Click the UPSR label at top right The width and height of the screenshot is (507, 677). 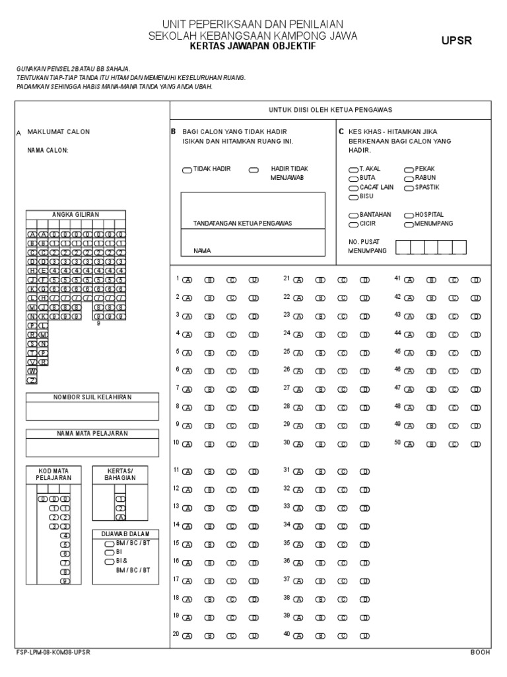(x=457, y=41)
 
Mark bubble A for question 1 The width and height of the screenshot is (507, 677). (x=187, y=280)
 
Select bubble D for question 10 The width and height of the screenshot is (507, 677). (x=253, y=444)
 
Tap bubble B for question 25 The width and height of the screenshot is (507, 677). (x=320, y=353)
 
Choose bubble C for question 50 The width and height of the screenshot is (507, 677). (x=453, y=444)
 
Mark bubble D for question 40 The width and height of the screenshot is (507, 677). (x=364, y=635)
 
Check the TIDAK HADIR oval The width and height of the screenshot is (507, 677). (x=187, y=171)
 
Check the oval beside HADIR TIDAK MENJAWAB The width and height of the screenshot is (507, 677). (x=253, y=171)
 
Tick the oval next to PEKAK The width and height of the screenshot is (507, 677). (x=409, y=170)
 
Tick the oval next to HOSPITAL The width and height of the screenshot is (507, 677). (x=409, y=216)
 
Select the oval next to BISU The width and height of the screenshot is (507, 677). (x=354, y=197)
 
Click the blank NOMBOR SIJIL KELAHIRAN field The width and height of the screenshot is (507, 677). (x=92, y=411)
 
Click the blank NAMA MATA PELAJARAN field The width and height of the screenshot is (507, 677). (x=92, y=448)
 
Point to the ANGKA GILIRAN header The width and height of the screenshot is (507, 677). (x=75, y=214)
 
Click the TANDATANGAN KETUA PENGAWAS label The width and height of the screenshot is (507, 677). (x=242, y=223)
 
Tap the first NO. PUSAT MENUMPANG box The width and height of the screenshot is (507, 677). (x=403, y=247)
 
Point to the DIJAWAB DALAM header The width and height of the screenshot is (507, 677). (x=125, y=534)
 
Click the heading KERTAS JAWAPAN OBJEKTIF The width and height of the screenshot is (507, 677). (x=253, y=48)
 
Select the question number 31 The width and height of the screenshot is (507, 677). (x=287, y=469)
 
